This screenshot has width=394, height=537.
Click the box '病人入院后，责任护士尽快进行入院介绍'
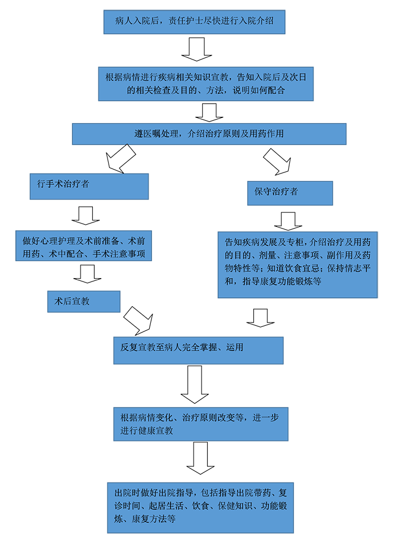coord(194,22)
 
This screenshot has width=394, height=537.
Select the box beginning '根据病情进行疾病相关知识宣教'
coord(206,83)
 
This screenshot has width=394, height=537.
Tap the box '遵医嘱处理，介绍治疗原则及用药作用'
coord(209,134)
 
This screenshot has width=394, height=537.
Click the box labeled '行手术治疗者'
coord(89,186)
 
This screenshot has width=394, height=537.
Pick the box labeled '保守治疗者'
coord(289,193)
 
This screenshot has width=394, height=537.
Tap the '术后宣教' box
coord(84,302)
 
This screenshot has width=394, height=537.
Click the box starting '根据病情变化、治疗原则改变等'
coord(201,424)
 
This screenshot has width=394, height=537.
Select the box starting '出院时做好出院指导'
coord(200,507)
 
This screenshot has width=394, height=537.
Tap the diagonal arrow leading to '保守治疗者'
coord(278,161)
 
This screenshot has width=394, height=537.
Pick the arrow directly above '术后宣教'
coord(87,274)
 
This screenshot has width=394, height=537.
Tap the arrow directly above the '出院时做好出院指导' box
coord(199,458)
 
